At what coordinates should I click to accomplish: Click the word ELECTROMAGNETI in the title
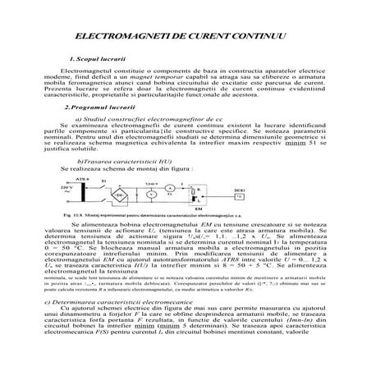point(115,39)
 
